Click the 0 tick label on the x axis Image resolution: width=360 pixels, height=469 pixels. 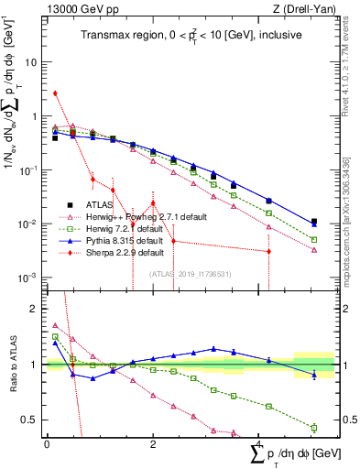(x=47, y=443)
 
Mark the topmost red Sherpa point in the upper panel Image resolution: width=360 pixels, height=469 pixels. (x=55, y=93)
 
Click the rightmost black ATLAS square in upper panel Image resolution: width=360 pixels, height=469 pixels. (x=314, y=222)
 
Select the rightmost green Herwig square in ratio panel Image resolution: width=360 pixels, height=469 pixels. (x=314, y=427)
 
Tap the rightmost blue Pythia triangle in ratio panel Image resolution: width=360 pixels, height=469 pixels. (x=314, y=375)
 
